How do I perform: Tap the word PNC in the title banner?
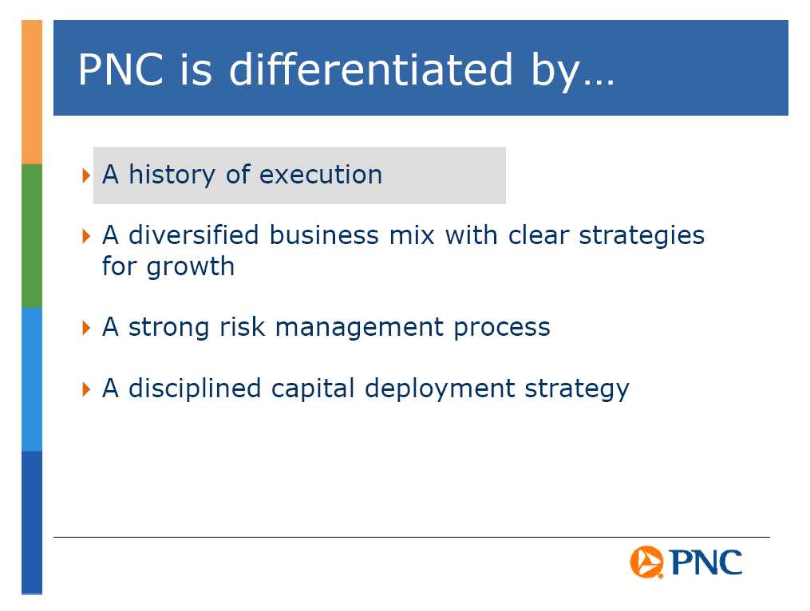[121, 69]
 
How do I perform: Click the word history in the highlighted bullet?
[172, 175]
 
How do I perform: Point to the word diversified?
[194, 235]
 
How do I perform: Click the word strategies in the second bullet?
[642, 237]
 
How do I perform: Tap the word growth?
[190, 267]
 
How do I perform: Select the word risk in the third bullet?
[243, 326]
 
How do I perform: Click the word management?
[360, 328]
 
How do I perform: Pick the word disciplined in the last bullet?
[195, 388]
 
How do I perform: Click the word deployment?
[440, 389]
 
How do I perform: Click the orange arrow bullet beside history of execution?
[86, 175]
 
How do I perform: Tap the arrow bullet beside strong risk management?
[86, 328]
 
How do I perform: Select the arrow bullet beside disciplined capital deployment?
[86, 389]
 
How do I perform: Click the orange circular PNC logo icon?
[646, 562]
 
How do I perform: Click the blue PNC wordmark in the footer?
[706, 562]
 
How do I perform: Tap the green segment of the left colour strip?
[32, 235]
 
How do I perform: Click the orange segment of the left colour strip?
[32, 92]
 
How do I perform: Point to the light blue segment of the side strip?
[32, 379]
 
